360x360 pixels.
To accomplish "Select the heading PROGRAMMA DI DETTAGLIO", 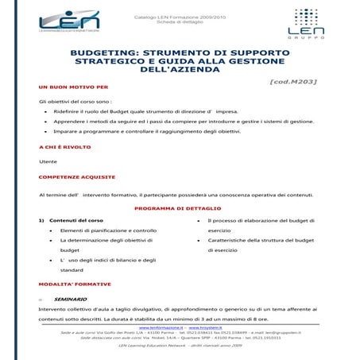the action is tap(180, 207).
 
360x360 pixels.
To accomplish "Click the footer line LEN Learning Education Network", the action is tap(180, 346).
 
